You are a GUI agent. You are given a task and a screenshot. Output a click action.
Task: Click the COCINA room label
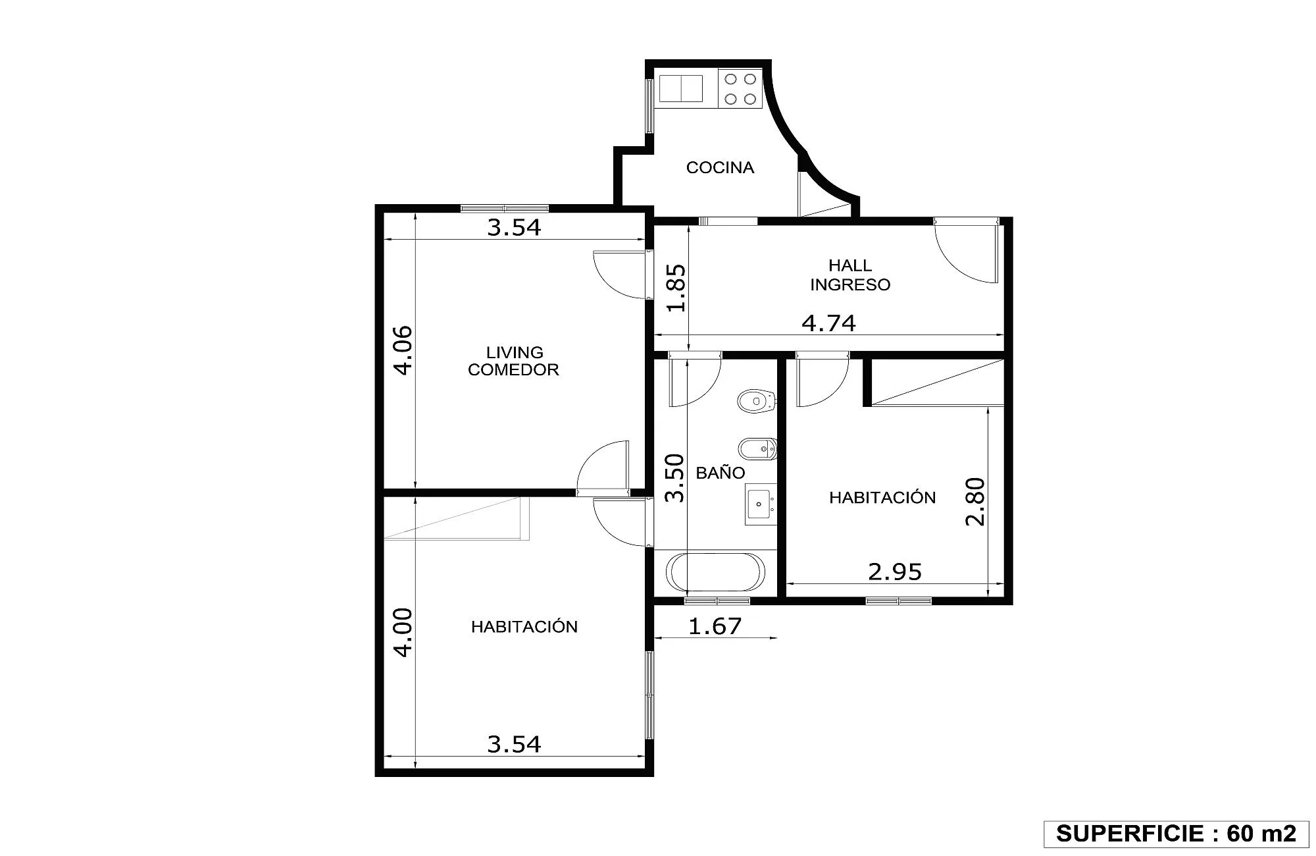(720, 168)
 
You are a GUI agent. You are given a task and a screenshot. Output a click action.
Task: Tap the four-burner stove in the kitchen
(740, 89)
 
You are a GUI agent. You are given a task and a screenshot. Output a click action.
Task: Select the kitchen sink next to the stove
(682, 89)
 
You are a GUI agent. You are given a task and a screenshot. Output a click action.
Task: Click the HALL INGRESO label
(850, 275)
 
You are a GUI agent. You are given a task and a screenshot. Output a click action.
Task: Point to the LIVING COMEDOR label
(514, 361)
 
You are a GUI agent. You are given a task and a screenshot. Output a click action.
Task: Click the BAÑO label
(720, 473)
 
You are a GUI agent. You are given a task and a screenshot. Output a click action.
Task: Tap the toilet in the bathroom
(757, 400)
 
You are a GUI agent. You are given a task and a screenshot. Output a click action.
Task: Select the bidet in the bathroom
(757, 450)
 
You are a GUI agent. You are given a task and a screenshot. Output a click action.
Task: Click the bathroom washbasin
(761, 504)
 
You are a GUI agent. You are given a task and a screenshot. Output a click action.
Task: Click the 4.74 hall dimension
(828, 323)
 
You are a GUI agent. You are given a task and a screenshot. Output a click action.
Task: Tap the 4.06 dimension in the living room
(402, 350)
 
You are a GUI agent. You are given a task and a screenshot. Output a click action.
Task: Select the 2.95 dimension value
(895, 572)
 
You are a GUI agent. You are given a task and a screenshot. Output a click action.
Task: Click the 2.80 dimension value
(975, 501)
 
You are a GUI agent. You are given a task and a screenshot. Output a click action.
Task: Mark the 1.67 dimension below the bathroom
(715, 626)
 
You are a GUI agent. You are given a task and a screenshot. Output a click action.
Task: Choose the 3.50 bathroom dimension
(675, 478)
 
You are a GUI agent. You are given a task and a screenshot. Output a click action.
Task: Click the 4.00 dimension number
(402, 632)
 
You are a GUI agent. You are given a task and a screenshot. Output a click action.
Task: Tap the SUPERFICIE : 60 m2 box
(1176, 834)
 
